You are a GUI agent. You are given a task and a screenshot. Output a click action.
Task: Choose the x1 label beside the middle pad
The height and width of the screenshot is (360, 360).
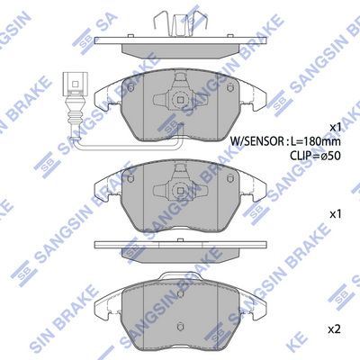[335, 214]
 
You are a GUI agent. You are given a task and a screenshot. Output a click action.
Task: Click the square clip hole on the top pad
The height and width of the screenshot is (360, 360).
[178, 101]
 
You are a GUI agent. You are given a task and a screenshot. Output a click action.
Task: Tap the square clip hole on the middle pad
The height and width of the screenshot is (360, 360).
[178, 191]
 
